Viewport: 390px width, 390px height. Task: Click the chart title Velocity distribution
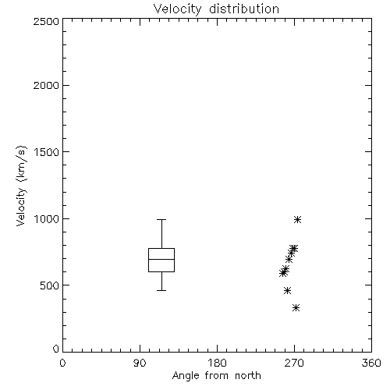tap(216, 9)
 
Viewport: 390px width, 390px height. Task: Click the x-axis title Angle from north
tap(216, 376)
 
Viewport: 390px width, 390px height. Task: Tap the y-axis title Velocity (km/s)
tap(21, 186)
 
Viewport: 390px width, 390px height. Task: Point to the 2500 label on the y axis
tap(46, 21)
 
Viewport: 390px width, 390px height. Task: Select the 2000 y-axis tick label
tap(46, 85)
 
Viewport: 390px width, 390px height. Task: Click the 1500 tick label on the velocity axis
tap(47, 152)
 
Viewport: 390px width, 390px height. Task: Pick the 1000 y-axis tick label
tap(47, 218)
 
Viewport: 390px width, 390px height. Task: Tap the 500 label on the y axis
tap(50, 285)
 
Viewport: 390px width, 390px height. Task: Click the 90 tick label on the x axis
tap(140, 363)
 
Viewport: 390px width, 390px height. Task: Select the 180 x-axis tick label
tap(217, 363)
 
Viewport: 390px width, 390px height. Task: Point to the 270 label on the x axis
tap(294, 363)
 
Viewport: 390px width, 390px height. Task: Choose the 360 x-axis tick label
tap(371, 363)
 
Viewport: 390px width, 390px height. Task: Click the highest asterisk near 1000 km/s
tap(298, 220)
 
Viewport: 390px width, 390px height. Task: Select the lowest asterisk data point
tap(296, 308)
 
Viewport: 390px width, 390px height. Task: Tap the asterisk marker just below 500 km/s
tap(287, 290)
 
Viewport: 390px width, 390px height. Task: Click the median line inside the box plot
tap(161, 259)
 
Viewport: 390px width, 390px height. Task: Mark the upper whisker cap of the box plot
tap(161, 220)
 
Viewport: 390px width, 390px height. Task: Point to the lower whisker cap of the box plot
tap(161, 290)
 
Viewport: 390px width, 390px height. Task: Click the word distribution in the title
tap(244, 9)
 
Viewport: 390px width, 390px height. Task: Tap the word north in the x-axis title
tap(248, 375)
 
